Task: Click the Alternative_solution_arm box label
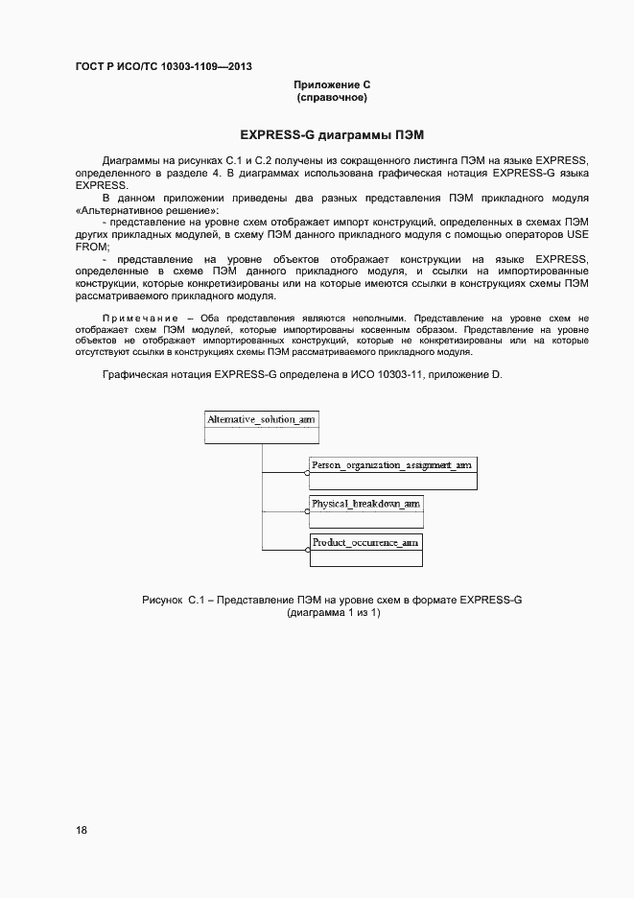click(x=261, y=419)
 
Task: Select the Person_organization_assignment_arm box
click(x=392, y=472)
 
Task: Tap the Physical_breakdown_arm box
click(x=365, y=510)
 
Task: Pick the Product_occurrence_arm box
click(x=365, y=549)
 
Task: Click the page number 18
click(x=82, y=830)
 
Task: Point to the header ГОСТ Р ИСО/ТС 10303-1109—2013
click(x=163, y=67)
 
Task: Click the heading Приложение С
click(x=332, y=85)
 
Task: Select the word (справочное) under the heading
click(x=332, y=98)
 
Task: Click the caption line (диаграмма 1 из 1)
click(x=332, y=613)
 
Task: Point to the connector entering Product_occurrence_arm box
click(x=286, y=549)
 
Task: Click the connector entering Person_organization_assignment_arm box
click(x=286, y=473)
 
